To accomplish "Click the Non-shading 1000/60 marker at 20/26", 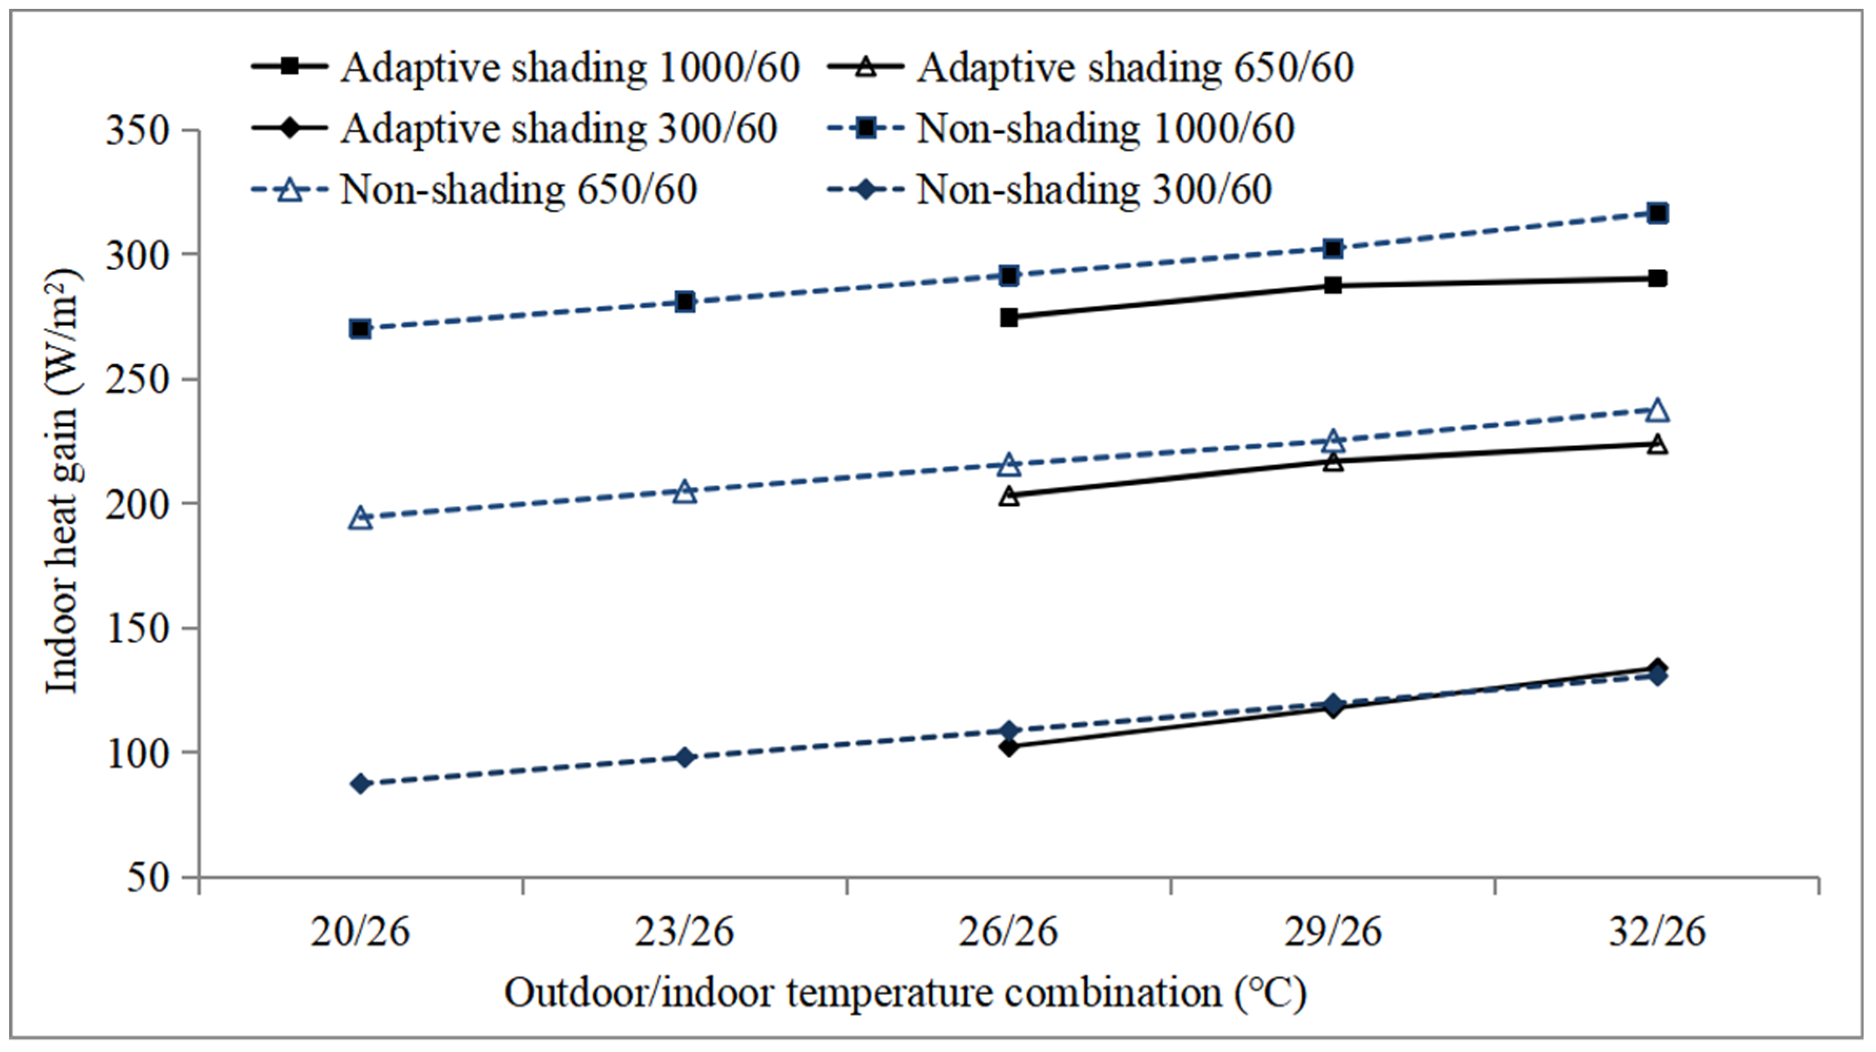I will pyautogui.click(x=360, y=329).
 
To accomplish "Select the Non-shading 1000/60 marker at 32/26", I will pyautogui.click(x=1657, y=213).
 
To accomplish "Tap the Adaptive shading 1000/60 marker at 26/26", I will pyautogui.click(x=1009, y=317).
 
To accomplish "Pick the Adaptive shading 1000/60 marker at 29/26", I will pyautogui.click(x=1333, y=285).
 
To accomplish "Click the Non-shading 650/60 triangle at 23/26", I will pyautogui.click(x=684, y=492).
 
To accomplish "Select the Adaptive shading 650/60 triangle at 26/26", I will pyautogui.click(x=1009, y=497).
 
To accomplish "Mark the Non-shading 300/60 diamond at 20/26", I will pyautogui.click(x=360, y=784).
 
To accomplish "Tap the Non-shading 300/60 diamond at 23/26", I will pyautogui.click(x=684, y=758).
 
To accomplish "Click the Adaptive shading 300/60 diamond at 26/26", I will pyautogui.click(x=1009, y=747).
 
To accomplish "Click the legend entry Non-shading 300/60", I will pyautogui.click(x=1093, y=190).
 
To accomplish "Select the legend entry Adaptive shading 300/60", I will pyautogui.click(x=558, y=129).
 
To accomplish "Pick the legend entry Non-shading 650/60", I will pyautogui.click(x=518, y=190).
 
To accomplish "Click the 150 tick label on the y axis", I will pyautogui.click(x=137, y=628).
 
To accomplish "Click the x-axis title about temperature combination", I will pyautogui.click(x=905, y=993).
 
